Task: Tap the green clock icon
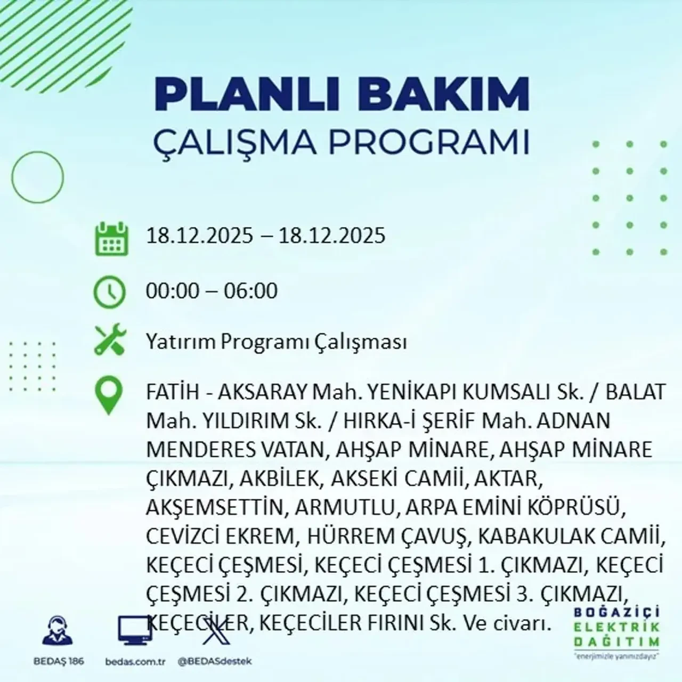pyautogui.click(x=109, y=292)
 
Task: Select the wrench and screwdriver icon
pyautogui.click(x=110, y=340)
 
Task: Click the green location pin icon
pyautogui.click(x=108, y=396)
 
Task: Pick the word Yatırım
pyautogui.click(x=181, y=342)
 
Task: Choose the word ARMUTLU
pyautogui.click(x=344, y=507)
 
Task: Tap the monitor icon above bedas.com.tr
pyautogui.click(x=135, y=631)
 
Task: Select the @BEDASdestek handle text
pyautogui.click(x=214, y=661)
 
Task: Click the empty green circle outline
pyautogui.click(x=37, y=177)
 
